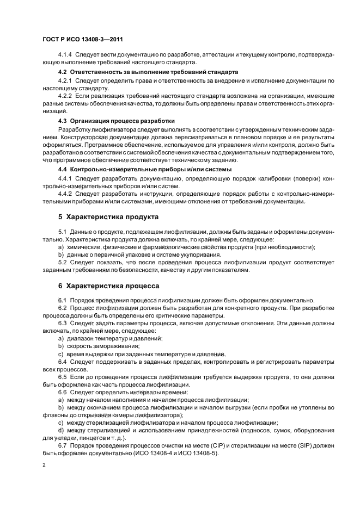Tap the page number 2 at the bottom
pos(43,465)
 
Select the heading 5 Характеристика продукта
pos(108,216)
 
